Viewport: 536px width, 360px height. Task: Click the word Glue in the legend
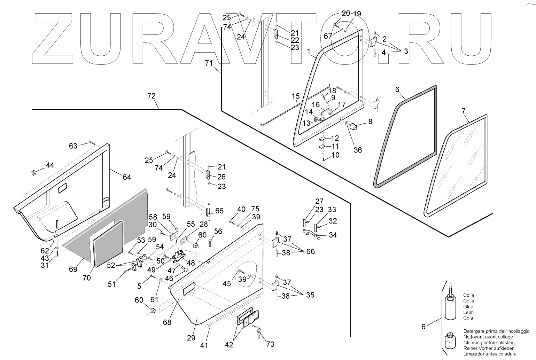point(468,307)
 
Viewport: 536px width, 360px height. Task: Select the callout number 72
point(152,96)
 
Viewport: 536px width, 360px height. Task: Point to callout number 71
point(209,63)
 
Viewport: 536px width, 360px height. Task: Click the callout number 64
point(127,177)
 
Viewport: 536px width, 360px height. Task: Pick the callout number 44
point(50,165)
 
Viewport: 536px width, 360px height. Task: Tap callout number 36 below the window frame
point(358,150)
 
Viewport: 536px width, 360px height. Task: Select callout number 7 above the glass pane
point(463,111)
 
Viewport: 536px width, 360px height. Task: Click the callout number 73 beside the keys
point(270,344)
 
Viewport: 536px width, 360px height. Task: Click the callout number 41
point(204,345)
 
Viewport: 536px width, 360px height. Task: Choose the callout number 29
point(191,338)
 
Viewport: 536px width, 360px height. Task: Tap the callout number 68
point(167,322)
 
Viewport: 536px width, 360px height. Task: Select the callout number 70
point(86,277)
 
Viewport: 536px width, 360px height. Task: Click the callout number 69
point(73,269)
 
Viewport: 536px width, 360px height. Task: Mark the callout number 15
point(295,96)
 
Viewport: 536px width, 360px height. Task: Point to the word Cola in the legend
point(468,318)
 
